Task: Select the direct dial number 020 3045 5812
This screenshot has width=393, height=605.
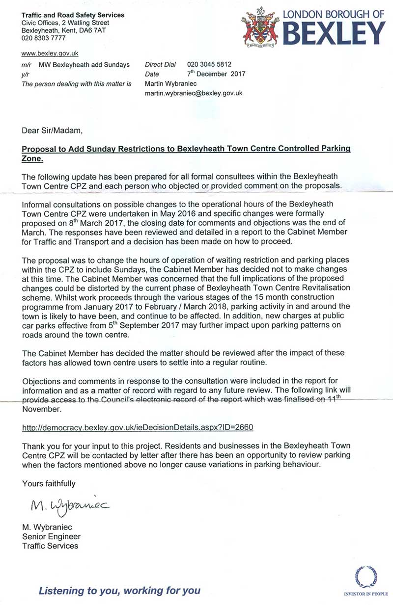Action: point(209,64)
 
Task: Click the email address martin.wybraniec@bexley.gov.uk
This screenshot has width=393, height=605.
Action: point(194,93)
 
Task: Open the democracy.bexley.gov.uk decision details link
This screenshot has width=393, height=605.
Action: point(138,427)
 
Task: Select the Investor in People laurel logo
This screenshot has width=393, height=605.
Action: point(365,576)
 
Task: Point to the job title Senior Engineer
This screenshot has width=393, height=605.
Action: point(52,537)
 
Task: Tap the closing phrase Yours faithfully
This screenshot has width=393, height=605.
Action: point(49,484)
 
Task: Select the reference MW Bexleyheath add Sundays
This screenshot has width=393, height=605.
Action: point(84,65)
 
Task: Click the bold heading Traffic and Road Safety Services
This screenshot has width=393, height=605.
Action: point(73,15)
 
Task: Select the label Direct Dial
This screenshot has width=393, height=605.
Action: point(161,64)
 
